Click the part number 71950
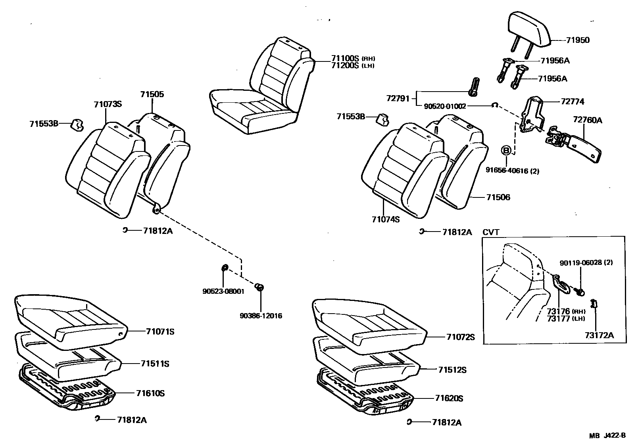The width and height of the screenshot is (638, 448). [578, 40]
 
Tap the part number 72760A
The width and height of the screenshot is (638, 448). [587, 120]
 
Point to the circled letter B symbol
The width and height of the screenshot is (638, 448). [506, 151]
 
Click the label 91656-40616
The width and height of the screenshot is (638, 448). [507, 171]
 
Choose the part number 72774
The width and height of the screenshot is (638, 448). [573, 101]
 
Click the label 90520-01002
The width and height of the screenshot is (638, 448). [445, 106]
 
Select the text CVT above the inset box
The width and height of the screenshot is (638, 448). [491, 232]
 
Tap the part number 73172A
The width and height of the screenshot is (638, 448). [599, 335]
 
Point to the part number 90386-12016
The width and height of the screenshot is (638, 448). [261, 316]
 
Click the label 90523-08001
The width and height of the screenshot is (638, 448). [223, 291]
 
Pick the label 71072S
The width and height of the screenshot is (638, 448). [460, 337]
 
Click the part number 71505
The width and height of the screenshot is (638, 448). [152, 94]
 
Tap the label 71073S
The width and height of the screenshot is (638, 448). [108, 104]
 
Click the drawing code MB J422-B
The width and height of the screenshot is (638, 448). [607, 436]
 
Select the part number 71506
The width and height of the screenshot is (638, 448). [498, 197]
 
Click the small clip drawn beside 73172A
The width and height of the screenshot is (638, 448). [594, 304]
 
